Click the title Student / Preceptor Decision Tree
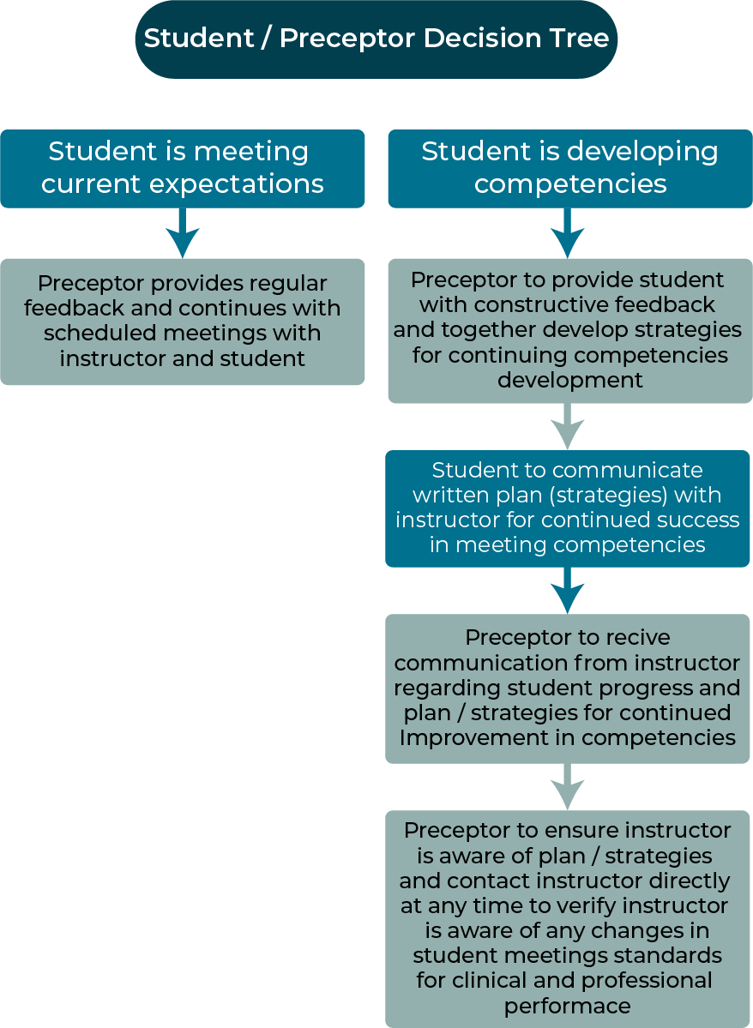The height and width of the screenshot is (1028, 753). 376,39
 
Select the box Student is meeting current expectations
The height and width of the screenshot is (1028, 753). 183,169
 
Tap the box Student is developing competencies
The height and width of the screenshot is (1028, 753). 570,169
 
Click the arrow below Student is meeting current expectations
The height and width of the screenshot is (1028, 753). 183,233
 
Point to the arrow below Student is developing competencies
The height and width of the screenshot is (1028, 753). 568,233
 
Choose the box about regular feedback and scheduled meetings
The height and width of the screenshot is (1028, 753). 183,322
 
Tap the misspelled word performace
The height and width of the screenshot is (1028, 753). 568,1006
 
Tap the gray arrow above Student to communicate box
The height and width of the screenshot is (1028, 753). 568,426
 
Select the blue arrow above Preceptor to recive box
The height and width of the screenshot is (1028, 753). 568,590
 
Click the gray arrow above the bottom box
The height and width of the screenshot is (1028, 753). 568,787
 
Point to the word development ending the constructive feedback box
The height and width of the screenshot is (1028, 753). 570,381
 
